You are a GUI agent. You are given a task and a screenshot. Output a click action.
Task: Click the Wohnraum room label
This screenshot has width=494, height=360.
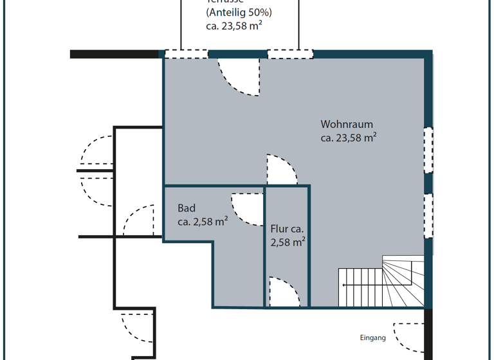(x=347, y=124)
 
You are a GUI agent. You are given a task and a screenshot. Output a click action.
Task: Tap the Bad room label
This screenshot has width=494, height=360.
(x=187, y=208)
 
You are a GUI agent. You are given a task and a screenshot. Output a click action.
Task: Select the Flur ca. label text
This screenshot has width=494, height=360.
(x=287, y=229)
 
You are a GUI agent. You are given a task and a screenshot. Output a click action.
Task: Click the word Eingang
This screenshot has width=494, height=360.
(x=372, y=337)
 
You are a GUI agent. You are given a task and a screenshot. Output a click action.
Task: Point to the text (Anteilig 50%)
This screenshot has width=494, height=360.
(x=239, y=13)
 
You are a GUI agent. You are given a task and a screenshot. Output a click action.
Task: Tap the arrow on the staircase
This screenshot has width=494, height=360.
(x=360, y=284)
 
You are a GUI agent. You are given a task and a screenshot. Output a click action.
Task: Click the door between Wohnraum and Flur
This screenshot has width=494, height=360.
(x=281, y=170)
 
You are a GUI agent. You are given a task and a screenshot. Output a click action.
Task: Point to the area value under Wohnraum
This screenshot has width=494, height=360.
(x=348, y=138)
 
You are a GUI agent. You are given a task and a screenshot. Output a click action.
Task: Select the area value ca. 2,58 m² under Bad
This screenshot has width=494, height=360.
(x=203, y=222)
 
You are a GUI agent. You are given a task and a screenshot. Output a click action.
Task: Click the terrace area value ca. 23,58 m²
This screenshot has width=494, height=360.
(x=233, y=26)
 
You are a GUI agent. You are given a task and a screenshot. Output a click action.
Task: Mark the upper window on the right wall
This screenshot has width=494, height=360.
(x=428, y=150)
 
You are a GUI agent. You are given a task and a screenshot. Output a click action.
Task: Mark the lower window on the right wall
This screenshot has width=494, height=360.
(x=428, y=215)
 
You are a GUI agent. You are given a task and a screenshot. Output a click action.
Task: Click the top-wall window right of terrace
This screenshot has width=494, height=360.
(x=289, y=54)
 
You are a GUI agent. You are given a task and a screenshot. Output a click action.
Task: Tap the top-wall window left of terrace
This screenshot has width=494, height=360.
(x=187, y=54)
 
